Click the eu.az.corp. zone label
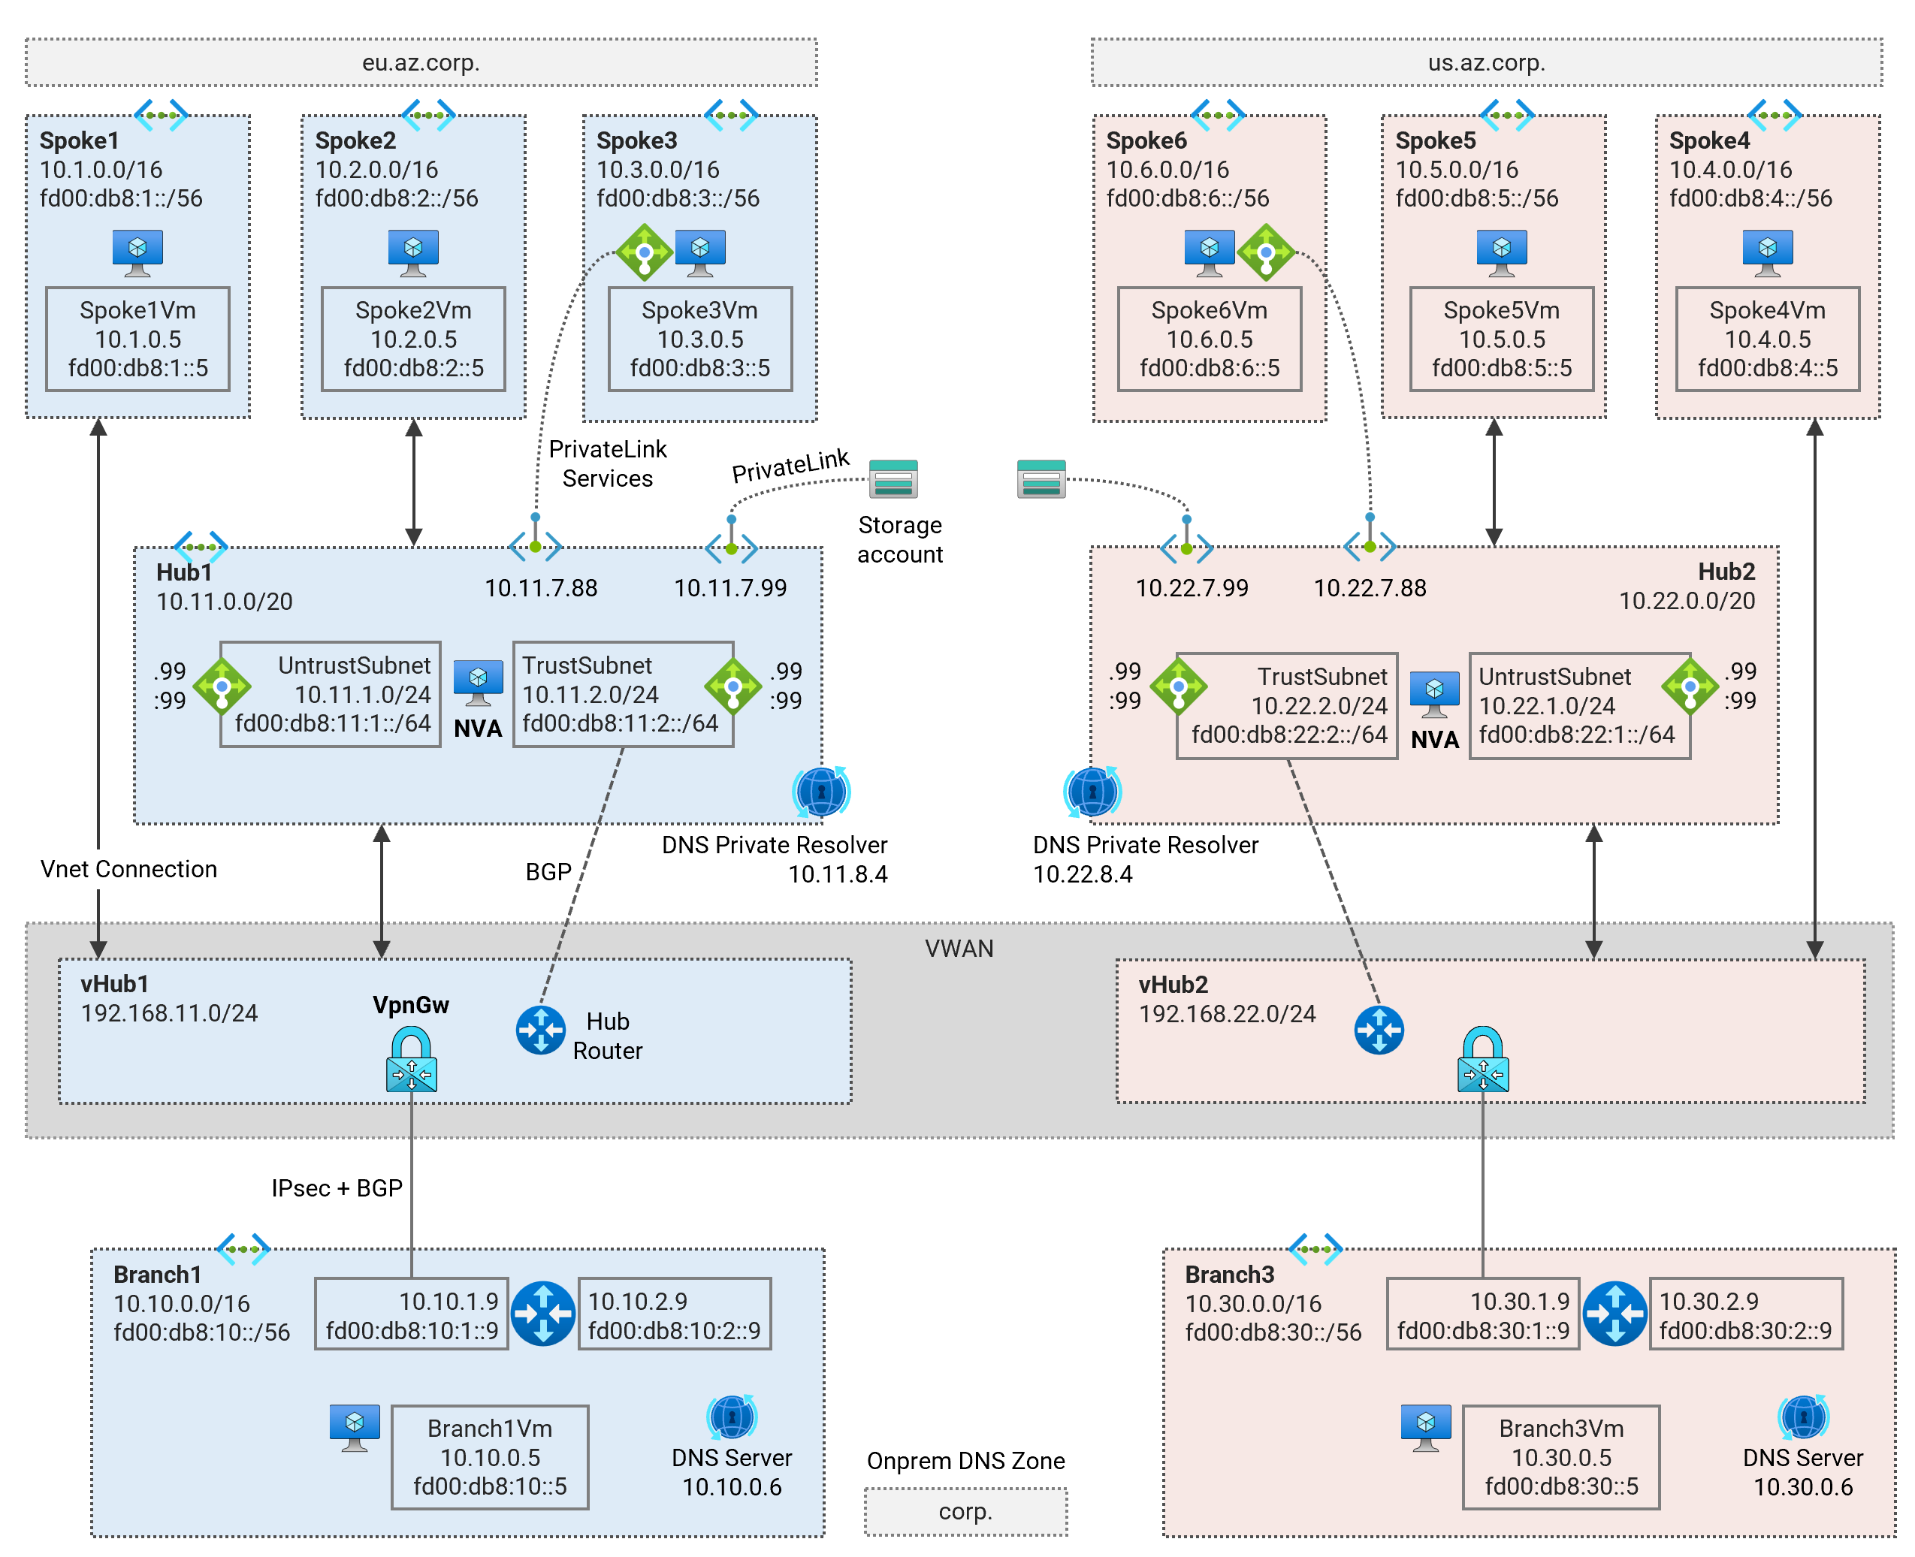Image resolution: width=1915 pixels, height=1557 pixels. pyautogui.click(x=421, y=63)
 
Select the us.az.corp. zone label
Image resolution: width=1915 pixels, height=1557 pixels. pyautogui.click(x=1485, y=63)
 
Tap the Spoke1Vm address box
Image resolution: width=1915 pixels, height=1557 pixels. pyautogui.click(x=137, y=339)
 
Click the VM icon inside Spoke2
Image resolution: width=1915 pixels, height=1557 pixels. pyautogui.click(x=412, y=251)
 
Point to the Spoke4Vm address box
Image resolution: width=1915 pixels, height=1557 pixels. pyautogui.click(x=1766, y=339)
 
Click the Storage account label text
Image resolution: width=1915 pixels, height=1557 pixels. pyautogui.click(x=899, y=539)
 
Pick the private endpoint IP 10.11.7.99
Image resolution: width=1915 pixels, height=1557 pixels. pyautogui.click(x=730, y=587)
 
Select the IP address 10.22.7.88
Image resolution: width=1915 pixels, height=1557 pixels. pyautogui.click(x=1369, y=587)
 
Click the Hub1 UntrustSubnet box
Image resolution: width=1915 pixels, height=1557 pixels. pyautogui.click(x=330, y=693)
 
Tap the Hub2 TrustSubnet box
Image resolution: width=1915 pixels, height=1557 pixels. pyautogui.click(x=1286, y=705)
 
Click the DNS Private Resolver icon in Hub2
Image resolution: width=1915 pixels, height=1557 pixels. pyautogui.click(x=1092, y=792)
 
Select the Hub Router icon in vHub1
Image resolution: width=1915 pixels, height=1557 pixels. pyautogui.click(x=540, y=1030)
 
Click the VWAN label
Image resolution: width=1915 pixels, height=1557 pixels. pyautogui.click(x=958, y=948)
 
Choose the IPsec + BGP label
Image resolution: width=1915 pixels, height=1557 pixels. pyautogui.click(x=337, y=1187)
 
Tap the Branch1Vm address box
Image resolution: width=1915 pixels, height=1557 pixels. pyautogui.click(x=490, y=1456)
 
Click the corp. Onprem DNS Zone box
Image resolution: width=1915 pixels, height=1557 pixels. pyautogui.click(x=965, y=1511)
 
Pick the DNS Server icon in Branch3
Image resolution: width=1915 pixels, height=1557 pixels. pyautogui.click(x=1803, y=1417)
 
